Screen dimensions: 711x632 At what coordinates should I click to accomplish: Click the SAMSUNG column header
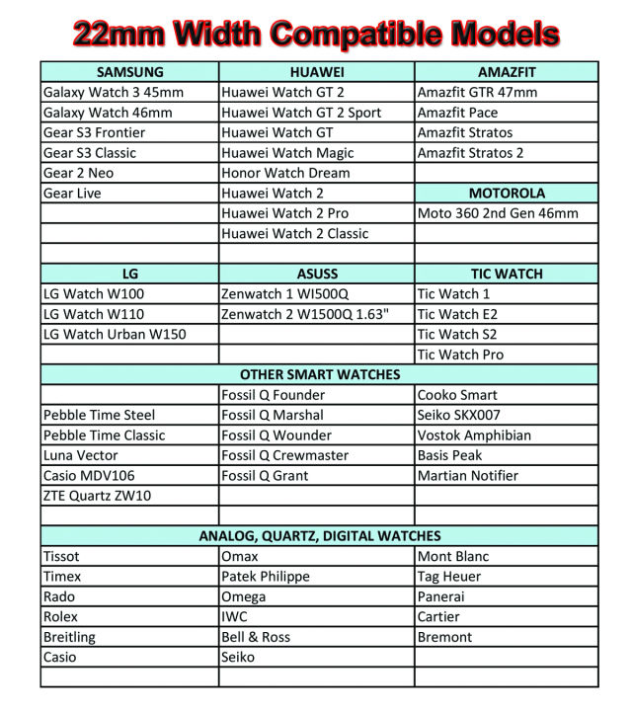(130, 72)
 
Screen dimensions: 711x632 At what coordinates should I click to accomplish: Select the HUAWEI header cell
(317, 72)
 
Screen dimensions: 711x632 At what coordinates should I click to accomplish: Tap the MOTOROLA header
(507, 194)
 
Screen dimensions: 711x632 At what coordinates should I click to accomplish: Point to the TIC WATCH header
(507, 274)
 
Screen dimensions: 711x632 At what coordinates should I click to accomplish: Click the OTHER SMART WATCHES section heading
(320, 374)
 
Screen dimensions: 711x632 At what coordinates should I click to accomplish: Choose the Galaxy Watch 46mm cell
(108, 113)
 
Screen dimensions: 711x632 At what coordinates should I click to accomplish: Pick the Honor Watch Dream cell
(285, 173)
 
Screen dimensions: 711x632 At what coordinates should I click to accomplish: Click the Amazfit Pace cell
(457, 113)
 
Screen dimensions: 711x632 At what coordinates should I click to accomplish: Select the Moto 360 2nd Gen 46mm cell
(498, 213)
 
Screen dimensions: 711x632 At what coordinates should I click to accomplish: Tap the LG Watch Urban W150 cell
(115, 334)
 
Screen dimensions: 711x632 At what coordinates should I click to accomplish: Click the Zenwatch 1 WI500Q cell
(285, 293)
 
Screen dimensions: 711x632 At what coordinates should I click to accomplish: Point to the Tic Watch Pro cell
(460, 355)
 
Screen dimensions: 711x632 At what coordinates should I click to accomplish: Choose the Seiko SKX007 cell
(459, 415)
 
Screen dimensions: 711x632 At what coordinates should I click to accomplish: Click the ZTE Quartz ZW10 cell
(98, 496)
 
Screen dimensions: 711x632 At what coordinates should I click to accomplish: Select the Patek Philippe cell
(266, 577)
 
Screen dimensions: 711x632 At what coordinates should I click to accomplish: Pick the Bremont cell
(444, 637)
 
